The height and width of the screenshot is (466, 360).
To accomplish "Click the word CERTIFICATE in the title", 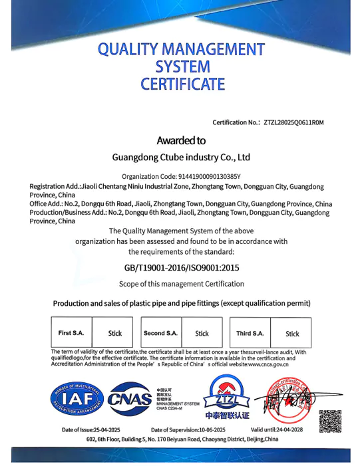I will coord(182,84).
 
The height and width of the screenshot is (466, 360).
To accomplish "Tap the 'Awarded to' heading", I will coord(180,140).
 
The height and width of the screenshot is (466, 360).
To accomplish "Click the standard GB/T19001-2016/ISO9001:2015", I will coord(181,268).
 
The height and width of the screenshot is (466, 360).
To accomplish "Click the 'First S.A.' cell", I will coord(71,333).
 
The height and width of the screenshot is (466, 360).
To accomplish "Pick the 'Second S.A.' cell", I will coord(160,333).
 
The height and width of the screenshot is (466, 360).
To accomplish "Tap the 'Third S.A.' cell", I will coord(250,333).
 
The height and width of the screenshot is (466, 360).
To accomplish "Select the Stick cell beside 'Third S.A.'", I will coord(292,334).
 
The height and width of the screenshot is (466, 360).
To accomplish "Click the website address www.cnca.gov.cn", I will coord(268,364).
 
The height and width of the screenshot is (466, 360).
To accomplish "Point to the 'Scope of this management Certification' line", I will coord(181,284).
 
